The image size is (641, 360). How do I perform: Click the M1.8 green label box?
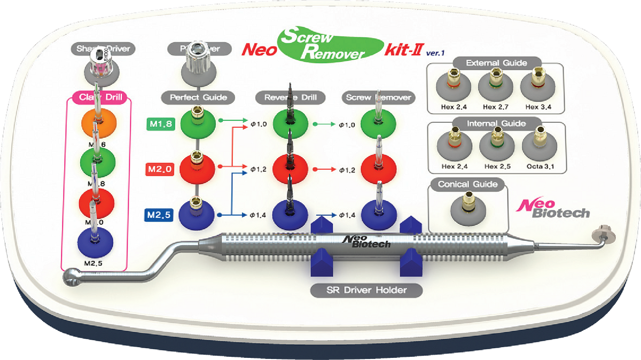tap(160, 124)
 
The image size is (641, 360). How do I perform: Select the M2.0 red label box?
tap(160, 170)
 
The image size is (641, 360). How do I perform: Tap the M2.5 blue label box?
tap(160, 216)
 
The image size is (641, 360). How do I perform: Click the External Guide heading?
tap(496, 63)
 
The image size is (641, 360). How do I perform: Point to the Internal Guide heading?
tap(496, 123)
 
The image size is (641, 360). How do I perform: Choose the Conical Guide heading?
tap(467, 185)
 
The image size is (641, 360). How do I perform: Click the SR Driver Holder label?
tap(366, 291)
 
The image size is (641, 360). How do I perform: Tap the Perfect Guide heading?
tap(198, 97)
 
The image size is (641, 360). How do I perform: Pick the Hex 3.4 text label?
tap(538, 107)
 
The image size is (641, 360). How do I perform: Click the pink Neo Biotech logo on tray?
tap(556, 207)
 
